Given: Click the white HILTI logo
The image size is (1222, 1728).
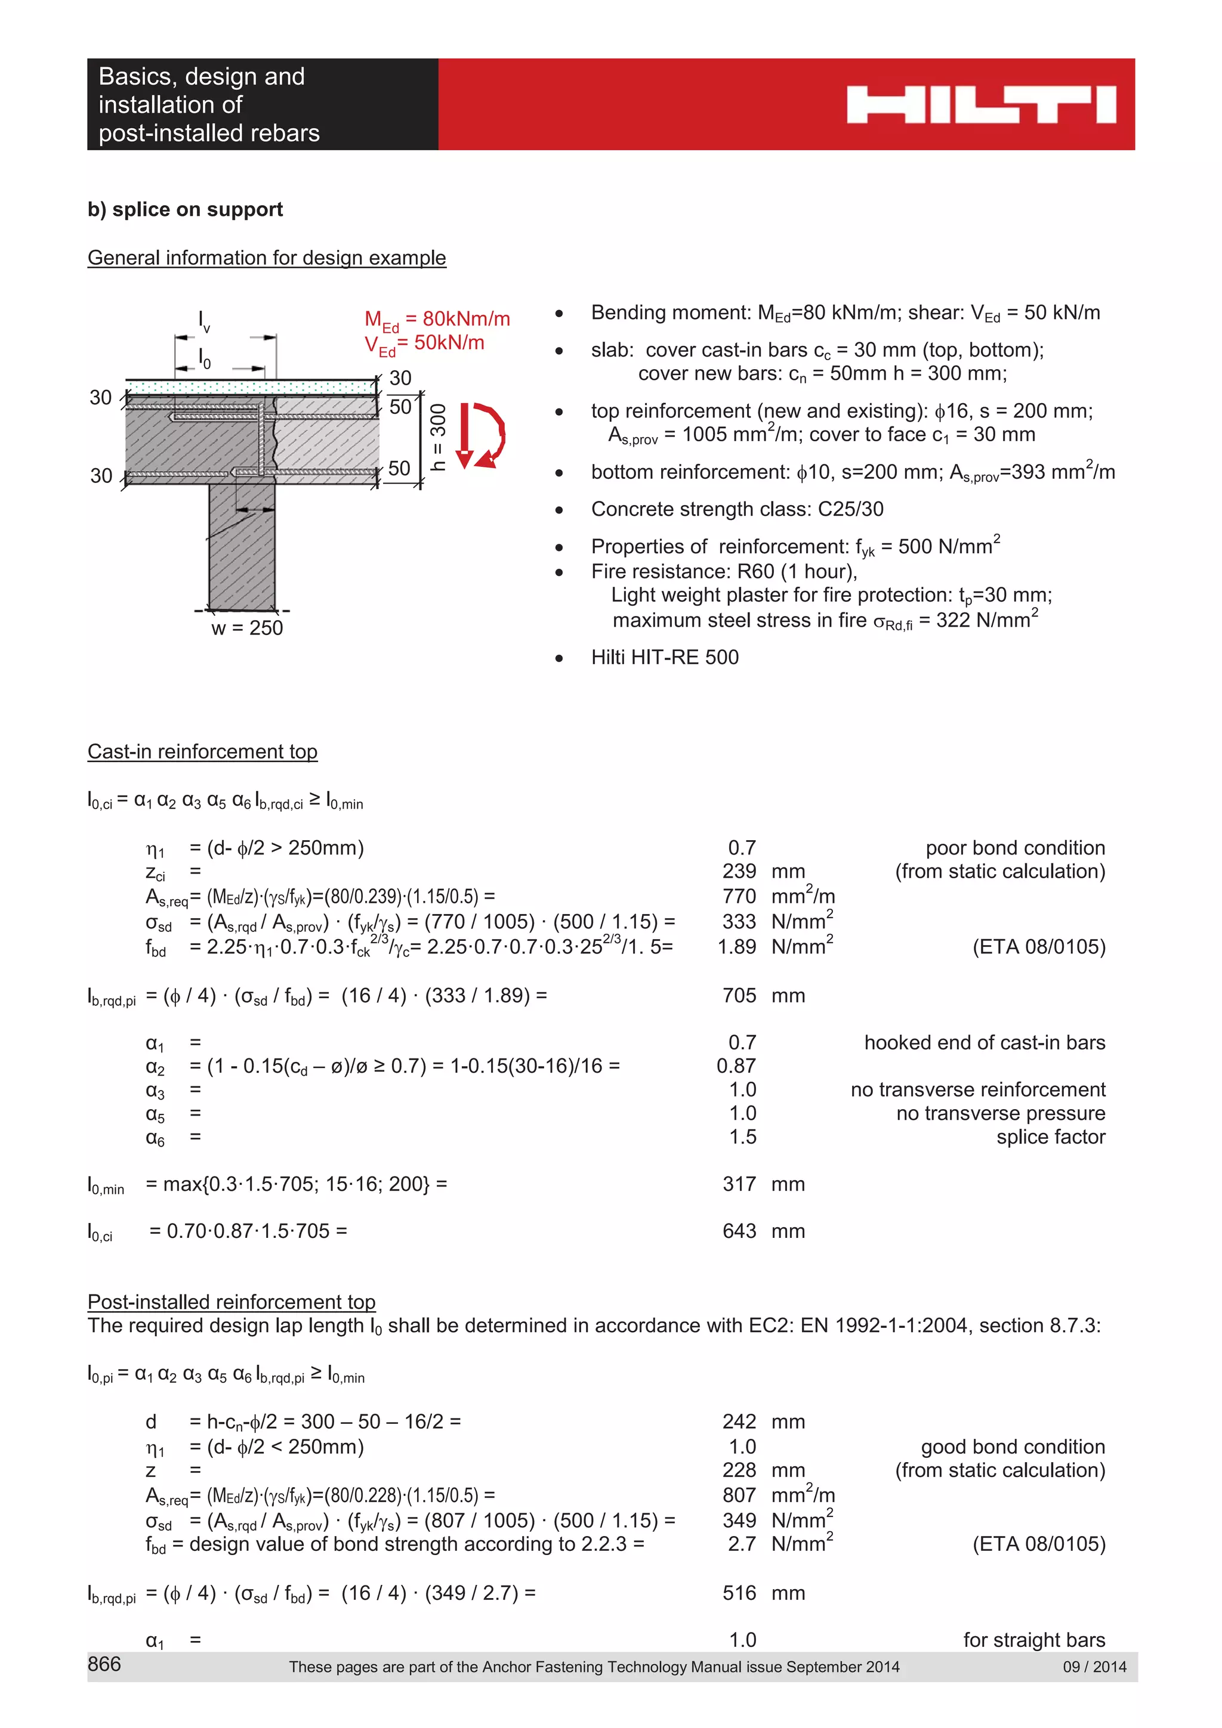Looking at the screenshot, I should pyautogui.click(x=980, y=104).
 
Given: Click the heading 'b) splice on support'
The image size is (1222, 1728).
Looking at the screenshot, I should pyautogui.click(x=185, y=209).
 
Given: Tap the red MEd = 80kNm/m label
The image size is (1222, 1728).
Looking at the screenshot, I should pyautogui.click(x=437, y=319).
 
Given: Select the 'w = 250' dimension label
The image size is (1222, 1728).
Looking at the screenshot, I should pyautogui.click(x=247, y=628).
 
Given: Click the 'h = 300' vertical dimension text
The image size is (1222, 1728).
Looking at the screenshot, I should pyautogui.click(x=438, y=436).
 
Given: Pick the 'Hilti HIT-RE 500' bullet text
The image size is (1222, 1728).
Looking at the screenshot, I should pyautogui.click(x=664, y=657).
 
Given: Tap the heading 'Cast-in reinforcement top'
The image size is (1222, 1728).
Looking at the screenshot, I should pyautogui.click(x=202, y=751).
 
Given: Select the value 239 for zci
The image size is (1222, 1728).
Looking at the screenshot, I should pyautogui.click(x=739, y=871).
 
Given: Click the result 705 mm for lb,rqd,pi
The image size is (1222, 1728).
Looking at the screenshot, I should pyautogui.click(x=739, y=995).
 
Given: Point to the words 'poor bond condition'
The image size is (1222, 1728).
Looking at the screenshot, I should pyautogui.click(x=1014, y=847).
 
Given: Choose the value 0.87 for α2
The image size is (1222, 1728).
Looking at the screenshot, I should pyautogui.click(x=736, y=1066).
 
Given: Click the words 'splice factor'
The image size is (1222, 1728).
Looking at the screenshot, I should pyautogui.click(x=1050, y=1136).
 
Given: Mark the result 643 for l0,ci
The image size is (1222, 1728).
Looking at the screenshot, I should pyautogui.click(x=739, y=1231).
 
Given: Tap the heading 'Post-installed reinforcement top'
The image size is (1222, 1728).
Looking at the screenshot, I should pyautogui.click(x=231, y=1301).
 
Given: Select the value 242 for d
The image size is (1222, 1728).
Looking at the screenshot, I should pyautogui.click(x=739, y=1421).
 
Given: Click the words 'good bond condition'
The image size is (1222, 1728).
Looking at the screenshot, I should pyautogui.click(x=1012, y=1447).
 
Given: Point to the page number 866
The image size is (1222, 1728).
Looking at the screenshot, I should pyautogui.click(x=104, y=1663).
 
